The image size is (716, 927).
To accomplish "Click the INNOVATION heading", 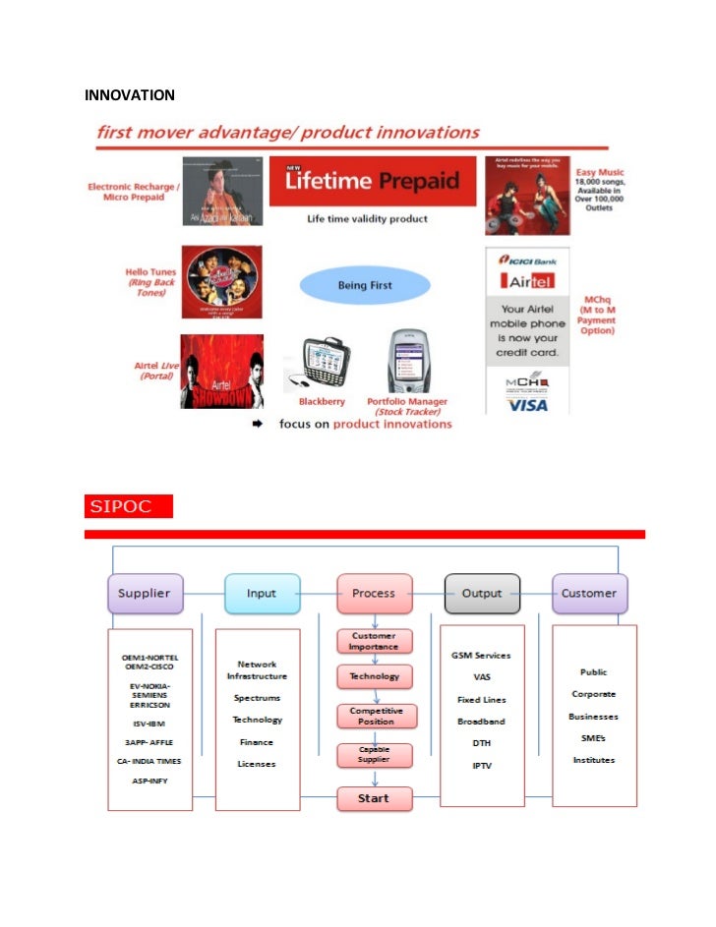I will (130, 95).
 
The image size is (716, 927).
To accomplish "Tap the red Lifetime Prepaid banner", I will (373, 181).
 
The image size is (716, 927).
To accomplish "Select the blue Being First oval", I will (365, 285).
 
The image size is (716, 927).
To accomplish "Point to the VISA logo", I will (528, 404).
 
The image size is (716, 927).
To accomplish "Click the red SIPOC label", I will (129, 507).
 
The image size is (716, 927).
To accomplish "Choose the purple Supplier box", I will (145, 593).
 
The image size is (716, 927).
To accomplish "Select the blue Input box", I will (262, 593).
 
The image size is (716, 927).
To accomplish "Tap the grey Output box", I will (482, 593).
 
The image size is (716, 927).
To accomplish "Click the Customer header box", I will (589, 593).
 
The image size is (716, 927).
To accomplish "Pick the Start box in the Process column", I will (374, 798).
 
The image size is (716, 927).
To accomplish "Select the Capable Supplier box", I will (374, 755).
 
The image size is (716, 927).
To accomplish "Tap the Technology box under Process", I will (374, 676).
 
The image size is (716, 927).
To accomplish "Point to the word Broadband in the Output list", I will (482, 721).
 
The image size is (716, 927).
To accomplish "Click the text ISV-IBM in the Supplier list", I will (150, 723).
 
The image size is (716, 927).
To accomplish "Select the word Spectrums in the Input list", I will (257, 698).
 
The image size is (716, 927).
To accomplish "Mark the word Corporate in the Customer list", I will (594, 694).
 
